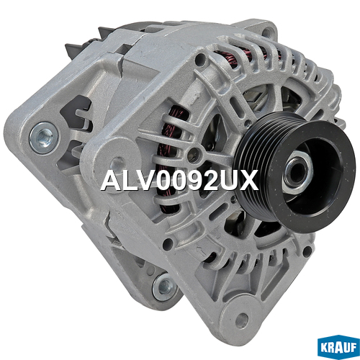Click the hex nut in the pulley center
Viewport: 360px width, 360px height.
pos(297,174)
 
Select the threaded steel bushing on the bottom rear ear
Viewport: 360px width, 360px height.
pos(164,287)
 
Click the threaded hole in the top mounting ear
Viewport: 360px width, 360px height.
pos(269,32)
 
